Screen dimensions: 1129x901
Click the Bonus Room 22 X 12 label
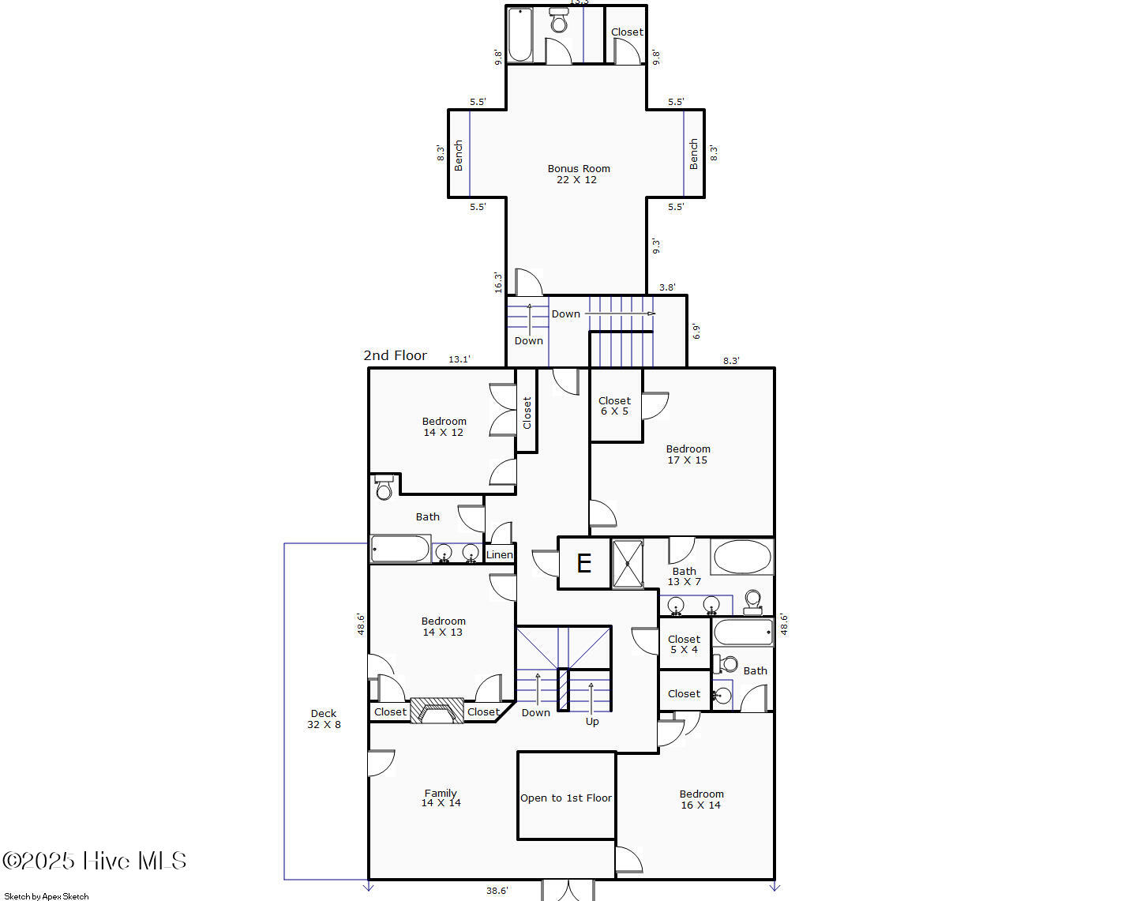[578, 175]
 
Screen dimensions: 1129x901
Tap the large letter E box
[584, 563]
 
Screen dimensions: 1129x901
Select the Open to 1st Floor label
[565, 798]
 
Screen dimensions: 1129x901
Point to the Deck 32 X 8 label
[324, 719]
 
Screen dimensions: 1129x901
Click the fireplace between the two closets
[437, 711]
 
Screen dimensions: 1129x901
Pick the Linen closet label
[500, 554]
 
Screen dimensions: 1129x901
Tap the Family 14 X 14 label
[441, 798]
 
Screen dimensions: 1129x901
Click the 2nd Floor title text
[395, 355]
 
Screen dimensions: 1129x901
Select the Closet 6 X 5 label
[614, 406]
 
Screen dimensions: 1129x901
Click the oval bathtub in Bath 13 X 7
[742, 557]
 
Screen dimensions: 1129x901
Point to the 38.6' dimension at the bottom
[497, 891]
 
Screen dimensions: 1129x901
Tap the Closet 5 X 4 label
[684, 644]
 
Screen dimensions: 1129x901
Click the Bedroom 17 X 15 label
[688, 454]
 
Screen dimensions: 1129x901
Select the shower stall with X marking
[628, 564]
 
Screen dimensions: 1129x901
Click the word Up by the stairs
[592, 722]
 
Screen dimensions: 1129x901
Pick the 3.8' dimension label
[667, 287]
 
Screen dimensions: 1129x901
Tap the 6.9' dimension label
[696, 332]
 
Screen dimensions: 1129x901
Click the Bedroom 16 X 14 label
[701, 800]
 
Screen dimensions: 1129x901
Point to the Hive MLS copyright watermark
[95, 861]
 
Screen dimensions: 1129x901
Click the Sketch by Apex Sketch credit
[46, 896]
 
